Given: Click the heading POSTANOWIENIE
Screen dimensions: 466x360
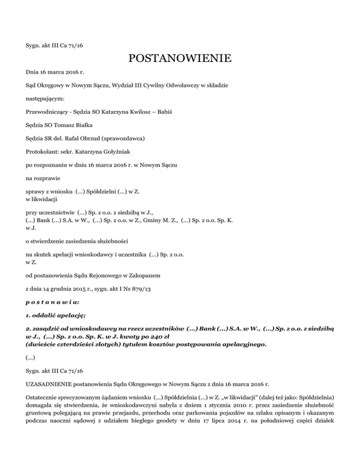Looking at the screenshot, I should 180,60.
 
